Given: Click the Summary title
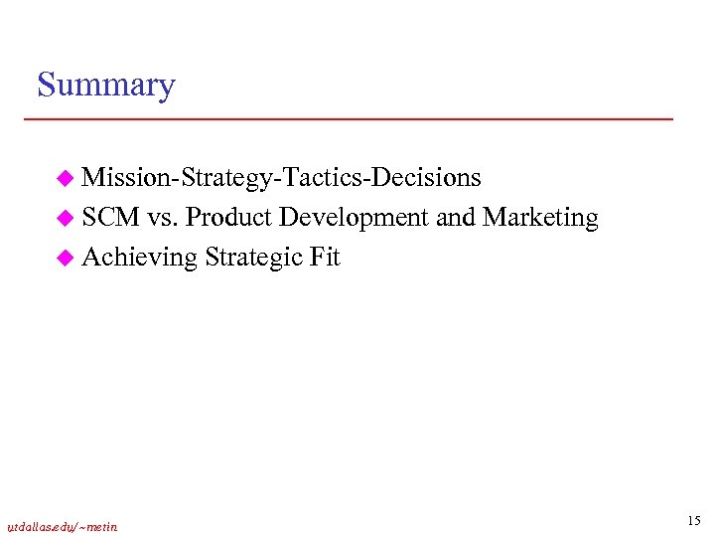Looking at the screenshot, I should [x=105, y=86].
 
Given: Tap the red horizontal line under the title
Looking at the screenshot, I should [x=348, y=119].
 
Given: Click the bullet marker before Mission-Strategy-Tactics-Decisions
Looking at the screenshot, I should [x=65, y=179].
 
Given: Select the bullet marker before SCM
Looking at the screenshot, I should [x=65, y=219].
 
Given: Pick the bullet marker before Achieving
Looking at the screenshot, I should [x=65, y=259].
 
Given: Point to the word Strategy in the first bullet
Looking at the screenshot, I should [x=228, y=179].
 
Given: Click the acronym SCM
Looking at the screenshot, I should [x=111, y=218].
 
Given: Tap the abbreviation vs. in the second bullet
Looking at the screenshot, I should [x=163, y=219].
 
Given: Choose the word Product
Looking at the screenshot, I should [x=228, y=218].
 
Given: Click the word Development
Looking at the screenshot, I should [x=355, y=219].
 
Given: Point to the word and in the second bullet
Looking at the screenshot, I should [x=456, y=218].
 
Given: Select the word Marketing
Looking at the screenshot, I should [x=541, y=219].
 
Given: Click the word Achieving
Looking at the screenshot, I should [x=140, y=259].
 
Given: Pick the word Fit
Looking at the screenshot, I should [x=325, y=258].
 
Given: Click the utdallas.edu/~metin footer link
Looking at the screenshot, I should [x=62, y=527].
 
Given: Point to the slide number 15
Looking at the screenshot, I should [x=693, y=521].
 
